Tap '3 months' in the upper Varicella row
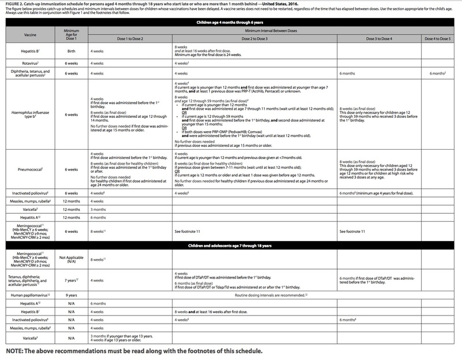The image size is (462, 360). click(x=98, y=210)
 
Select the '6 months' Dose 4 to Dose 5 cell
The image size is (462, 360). click(x=438, y=73)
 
